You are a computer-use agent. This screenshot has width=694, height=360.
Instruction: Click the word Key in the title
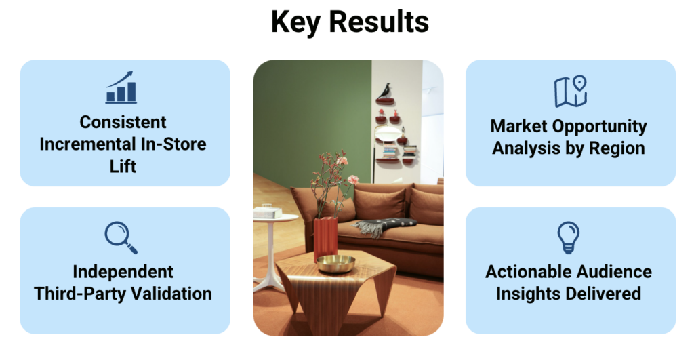click(296, 22)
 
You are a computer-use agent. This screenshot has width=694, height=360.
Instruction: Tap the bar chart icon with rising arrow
click(121, 87)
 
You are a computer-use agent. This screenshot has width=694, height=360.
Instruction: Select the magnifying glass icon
click(121, 238)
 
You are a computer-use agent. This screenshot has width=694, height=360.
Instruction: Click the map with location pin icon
click(571, 92)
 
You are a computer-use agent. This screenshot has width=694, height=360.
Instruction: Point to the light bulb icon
click(569, 237)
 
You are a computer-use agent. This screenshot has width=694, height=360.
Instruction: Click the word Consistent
click(123, 122)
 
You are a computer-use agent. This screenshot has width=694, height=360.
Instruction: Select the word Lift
click(123, 167)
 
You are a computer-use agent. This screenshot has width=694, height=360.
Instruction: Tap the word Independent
click(123, 272)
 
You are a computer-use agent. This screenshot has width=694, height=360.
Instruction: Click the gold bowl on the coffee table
click(336, 264)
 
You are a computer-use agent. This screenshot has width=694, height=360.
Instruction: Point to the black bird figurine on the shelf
click(384, 91)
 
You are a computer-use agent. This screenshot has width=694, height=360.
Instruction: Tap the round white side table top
click(277, 218)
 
